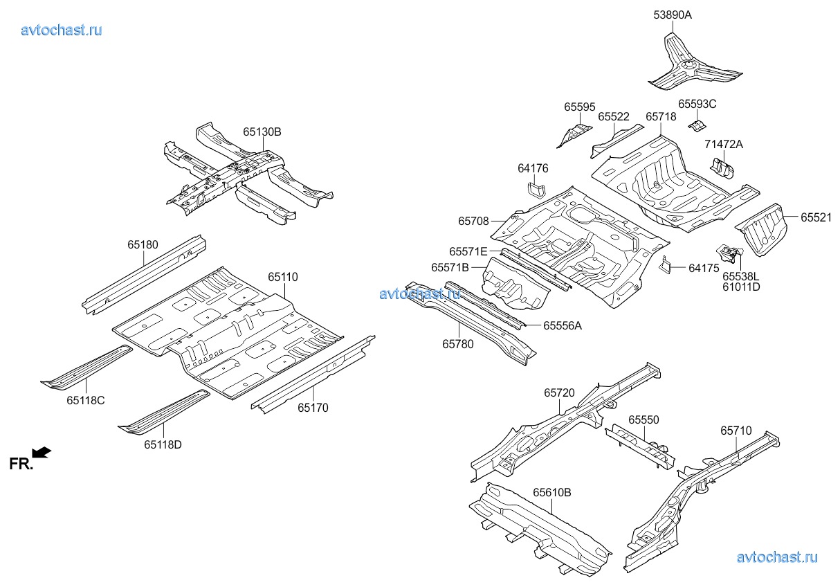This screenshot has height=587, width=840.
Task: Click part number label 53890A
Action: pos(673,15)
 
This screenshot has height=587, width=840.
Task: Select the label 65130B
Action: pos(262,132)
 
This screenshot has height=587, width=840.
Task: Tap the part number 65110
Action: pos(283,277)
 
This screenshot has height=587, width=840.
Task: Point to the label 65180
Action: pos(143,244)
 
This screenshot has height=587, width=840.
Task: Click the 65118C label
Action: pos(86,400)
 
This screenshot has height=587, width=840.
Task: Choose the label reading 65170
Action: pos(313,408)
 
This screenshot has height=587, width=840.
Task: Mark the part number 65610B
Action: pos(551,493)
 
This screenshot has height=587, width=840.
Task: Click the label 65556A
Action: pos(562,325)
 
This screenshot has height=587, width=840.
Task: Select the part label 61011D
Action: pos(740,287)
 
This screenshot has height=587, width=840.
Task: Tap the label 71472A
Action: pos(724,144)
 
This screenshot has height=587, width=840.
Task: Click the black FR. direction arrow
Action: pos(42,453)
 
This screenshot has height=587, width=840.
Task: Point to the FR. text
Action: pos(21,464)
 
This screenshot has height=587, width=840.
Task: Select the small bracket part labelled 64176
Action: pos(536,189)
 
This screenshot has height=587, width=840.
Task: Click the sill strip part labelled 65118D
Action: pos(163,413)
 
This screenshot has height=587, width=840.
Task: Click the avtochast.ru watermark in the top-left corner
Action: pos(62,30)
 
